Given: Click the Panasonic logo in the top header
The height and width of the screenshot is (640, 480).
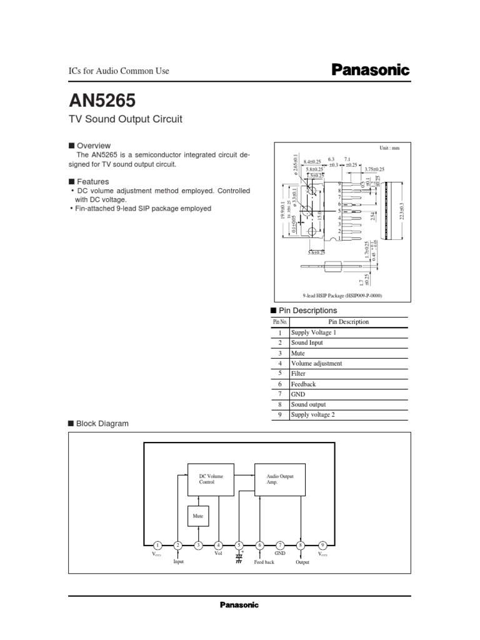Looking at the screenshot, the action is click(369, 71).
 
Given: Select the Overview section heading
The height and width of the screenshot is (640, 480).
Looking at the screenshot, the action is click(93, 146).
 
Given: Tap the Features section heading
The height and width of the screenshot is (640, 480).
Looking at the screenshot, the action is click(92, 182).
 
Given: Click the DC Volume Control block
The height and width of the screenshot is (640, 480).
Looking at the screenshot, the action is click(211, 479).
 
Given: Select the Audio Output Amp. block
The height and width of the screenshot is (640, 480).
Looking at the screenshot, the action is click(279, 479).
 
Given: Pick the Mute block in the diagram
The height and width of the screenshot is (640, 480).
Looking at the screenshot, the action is click(199, 517).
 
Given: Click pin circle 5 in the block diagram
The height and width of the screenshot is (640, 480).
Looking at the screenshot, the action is click(239, 545).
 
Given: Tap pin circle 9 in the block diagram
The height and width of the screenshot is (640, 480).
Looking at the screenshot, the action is click(322, 545).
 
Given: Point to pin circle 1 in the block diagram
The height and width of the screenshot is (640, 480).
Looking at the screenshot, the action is click(157, 545).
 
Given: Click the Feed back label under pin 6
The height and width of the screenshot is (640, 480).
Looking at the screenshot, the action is click(264, 562).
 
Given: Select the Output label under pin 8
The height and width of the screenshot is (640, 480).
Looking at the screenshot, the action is click(302, 562).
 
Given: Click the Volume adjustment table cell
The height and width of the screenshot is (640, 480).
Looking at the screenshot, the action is click(317, 363).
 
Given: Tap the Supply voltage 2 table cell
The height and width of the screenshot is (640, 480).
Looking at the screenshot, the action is click(313, 414).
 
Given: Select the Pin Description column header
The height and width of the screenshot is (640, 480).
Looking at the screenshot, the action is click(348, 322).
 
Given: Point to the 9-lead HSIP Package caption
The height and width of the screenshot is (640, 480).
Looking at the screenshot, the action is click(341, 296).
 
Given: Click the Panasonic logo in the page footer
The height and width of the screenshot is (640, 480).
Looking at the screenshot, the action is click(239, 605).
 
